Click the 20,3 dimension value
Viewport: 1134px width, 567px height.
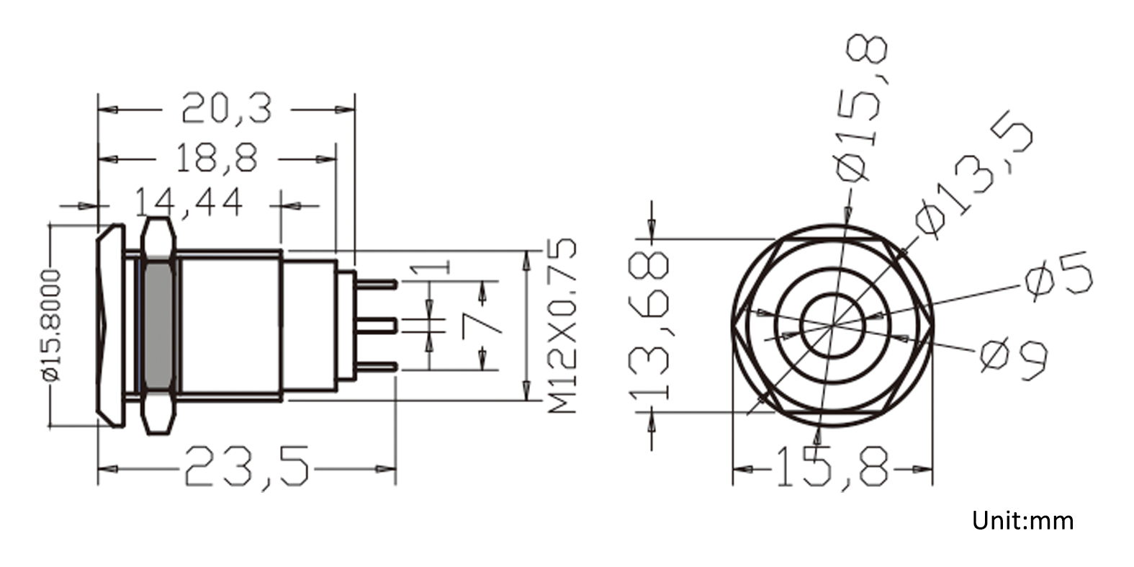(x=226, y=110)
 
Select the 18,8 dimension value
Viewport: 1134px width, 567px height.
(x=217, y=159)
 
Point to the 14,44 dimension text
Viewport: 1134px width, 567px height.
(x=189, y=204)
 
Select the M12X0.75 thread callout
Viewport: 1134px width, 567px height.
(x=562, y=326)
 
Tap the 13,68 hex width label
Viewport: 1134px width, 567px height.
(x=649, y=325)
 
